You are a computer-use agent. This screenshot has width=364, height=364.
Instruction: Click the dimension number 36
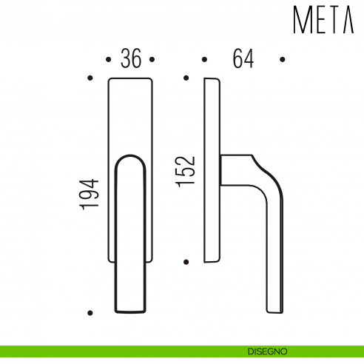pos(131,59)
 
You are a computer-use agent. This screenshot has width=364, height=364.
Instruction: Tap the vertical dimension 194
pos(90,195)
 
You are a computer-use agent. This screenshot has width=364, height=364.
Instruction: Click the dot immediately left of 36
pos(109,58)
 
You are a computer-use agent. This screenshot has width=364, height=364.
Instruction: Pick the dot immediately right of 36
pos(153,58)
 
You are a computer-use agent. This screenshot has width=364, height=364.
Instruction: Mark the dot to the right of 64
pos(282,58)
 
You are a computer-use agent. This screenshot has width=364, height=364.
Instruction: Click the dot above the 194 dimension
pos(90,77)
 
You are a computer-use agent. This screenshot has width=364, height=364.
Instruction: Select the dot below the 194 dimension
pos(90,313)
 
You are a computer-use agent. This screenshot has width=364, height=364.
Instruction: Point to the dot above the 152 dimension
pos(186,77)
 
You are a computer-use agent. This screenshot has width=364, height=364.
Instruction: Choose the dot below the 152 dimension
pos(186,261)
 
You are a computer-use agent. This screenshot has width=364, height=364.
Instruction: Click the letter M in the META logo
pos(303,20)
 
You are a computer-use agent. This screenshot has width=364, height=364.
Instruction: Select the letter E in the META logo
pos(320,20)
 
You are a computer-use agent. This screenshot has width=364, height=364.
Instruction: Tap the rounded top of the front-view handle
pos(131,158)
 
